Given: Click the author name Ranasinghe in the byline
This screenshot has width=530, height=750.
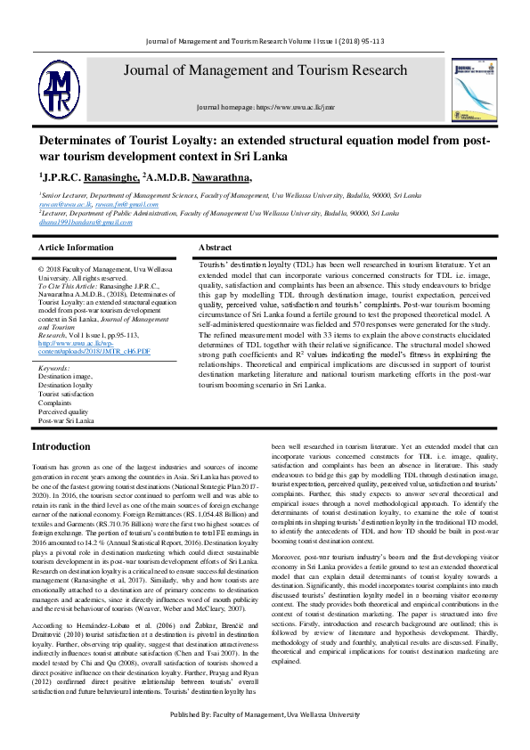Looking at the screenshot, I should click(x=102, y=178).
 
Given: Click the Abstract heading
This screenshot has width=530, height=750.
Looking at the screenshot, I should click(x=215, y=247).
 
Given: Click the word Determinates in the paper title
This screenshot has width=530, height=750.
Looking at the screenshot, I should click(x=80, y=141).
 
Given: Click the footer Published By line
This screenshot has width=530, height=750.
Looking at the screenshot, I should click(x=265, y=740).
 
